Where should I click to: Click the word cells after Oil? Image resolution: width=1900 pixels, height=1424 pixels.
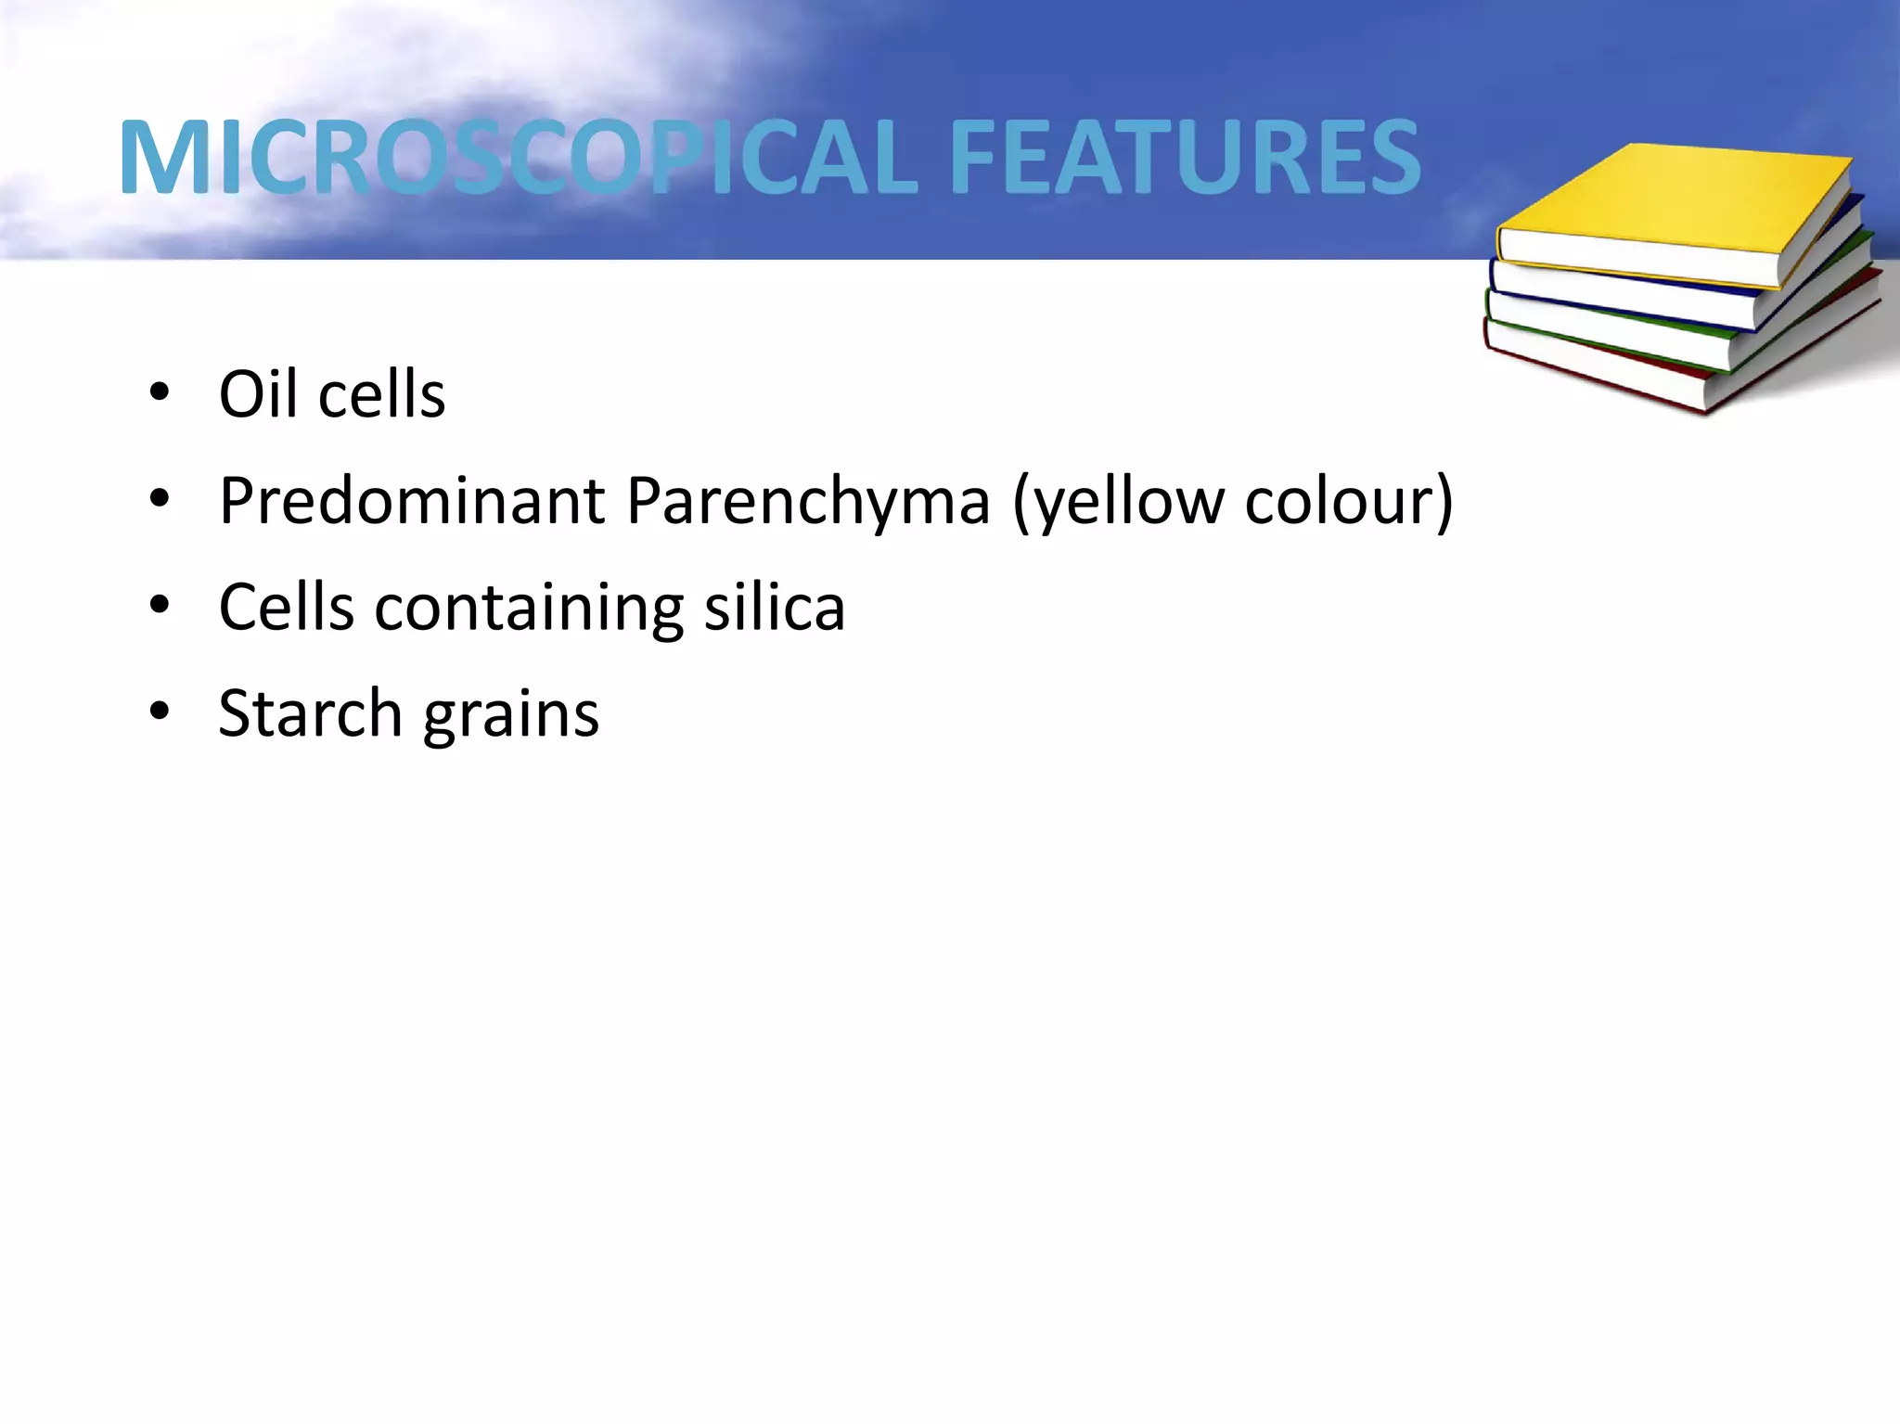(381, 394)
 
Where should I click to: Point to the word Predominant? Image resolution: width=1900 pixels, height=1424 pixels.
(412, 501)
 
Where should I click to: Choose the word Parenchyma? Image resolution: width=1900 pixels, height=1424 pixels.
(808, 501)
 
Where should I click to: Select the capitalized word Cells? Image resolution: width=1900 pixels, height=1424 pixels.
(286, 608)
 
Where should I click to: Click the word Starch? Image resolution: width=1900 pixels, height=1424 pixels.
(310, 713)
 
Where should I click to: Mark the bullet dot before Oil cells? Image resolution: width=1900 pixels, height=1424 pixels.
(160, 393)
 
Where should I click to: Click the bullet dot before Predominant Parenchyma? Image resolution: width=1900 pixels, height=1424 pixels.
(160, 500)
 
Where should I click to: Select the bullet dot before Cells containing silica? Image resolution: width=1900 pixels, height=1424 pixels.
(160, 607)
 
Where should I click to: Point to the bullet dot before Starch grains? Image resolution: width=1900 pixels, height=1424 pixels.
(160, 712)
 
